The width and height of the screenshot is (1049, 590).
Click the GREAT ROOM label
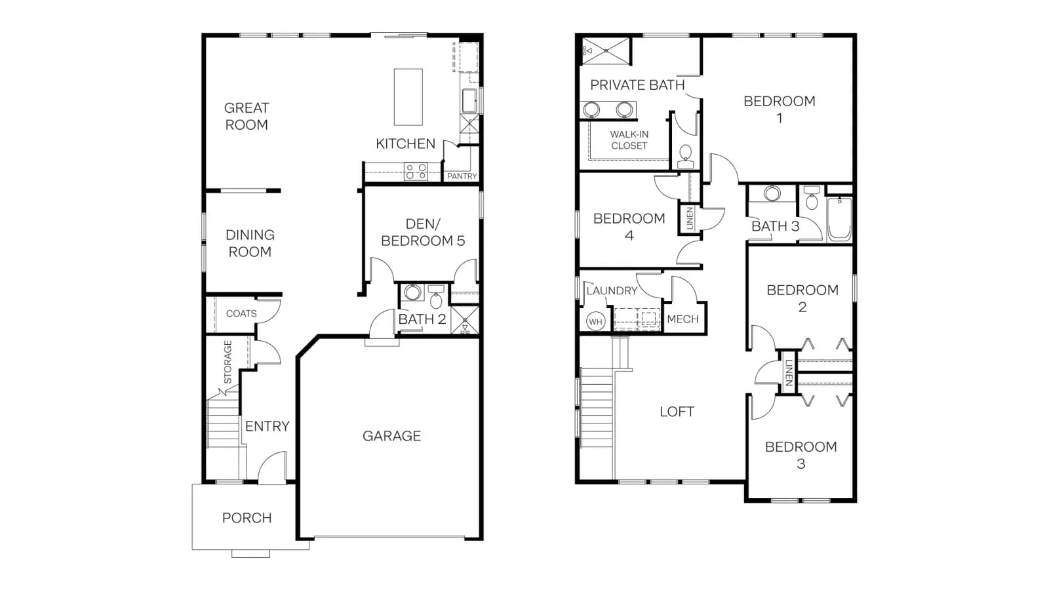[247, 117]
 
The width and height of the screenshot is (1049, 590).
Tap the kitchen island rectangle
[408, 97]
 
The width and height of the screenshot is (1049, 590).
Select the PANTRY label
[462, 176]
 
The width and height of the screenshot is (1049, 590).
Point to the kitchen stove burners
[416, 171]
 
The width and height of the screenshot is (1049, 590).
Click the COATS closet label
[241, 314]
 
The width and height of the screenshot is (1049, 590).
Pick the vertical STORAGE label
[228, 363]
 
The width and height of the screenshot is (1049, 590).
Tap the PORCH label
[247, 518]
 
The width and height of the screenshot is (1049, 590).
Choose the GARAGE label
[391, 436]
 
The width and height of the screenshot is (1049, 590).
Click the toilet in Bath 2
[436, 296]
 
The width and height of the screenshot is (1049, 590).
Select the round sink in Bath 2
[412, 292]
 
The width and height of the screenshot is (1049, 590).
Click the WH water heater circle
[595, 322]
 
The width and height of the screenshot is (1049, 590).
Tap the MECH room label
[683, 319]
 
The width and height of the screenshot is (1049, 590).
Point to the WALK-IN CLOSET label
[629, 140]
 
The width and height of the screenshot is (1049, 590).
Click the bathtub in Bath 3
[839, 219]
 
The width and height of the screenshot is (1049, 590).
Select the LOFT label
[677, 412]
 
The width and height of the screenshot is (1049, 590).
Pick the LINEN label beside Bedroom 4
[689, 218]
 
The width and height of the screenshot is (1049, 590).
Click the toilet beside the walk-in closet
[686, 157]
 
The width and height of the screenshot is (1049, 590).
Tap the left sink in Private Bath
[591, 110]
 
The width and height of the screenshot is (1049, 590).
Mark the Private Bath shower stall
[606, 50]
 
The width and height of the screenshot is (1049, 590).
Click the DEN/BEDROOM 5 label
[422, 232]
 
